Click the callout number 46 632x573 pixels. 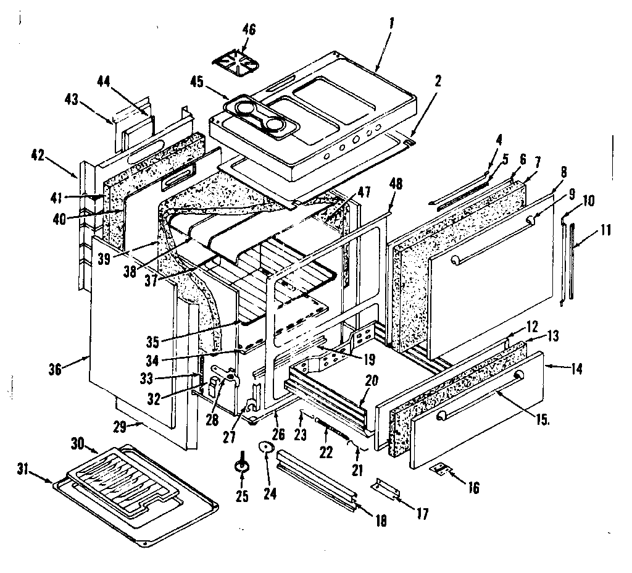pyautogui.click(x=249, y=30)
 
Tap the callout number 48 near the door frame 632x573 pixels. pyautogui.click(x=396, y=183)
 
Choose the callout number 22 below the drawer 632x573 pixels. pyautogui.click(x=325, y=451)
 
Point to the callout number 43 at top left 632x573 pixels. pyautogui.click(x=73, y=98)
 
